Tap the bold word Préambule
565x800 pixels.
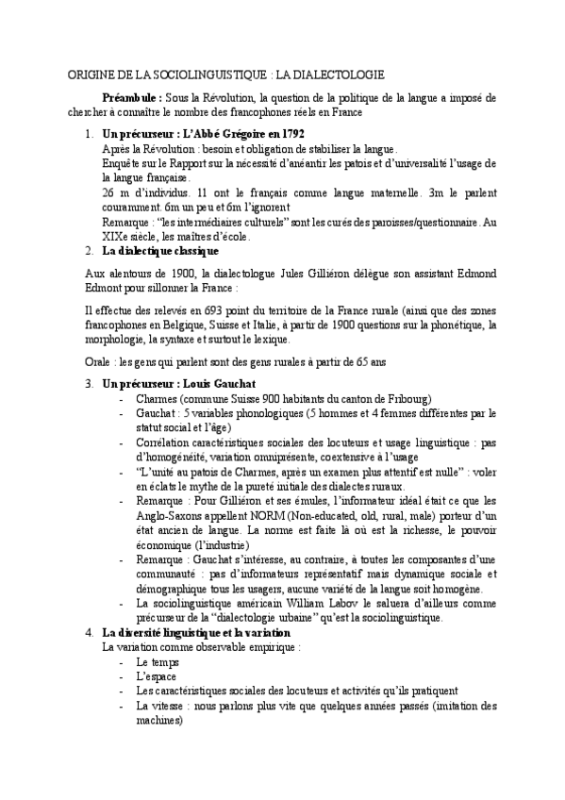coord(132,97)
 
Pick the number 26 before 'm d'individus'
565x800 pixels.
coord(108,191)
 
